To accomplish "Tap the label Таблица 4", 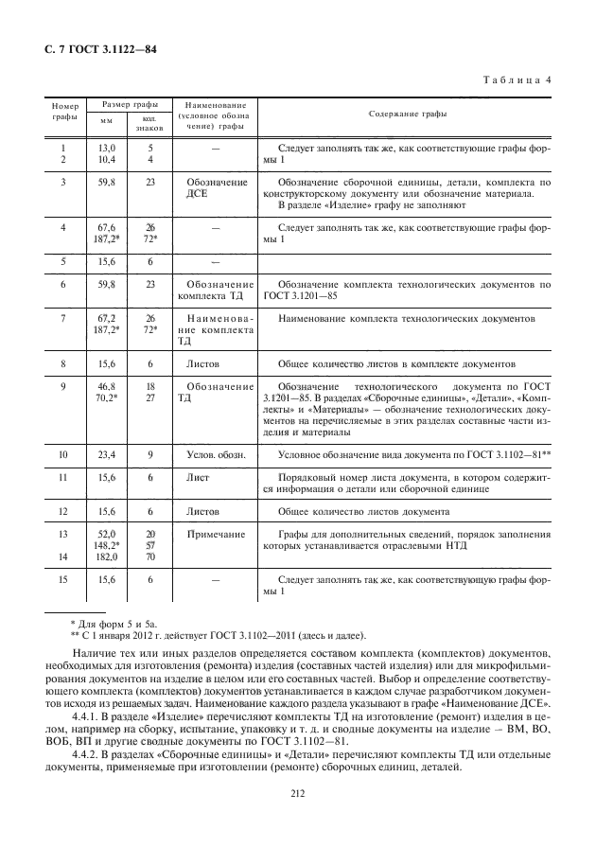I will point(518,79).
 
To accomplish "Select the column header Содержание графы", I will point(408,114).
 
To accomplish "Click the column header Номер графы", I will point(63,114).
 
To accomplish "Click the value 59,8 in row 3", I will point(107,181).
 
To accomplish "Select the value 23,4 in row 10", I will point(107,455).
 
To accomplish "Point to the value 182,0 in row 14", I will point(107,557).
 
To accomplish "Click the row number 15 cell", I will point(62,579).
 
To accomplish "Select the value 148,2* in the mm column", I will point(107,546).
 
